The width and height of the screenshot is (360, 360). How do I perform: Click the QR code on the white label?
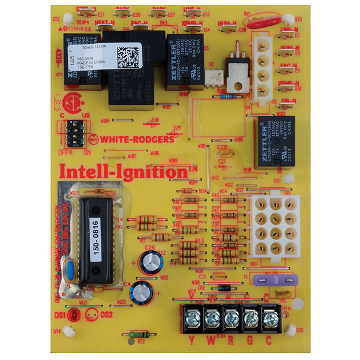(x=128, y=56)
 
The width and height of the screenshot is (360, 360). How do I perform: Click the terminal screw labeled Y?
(x=191, y=316)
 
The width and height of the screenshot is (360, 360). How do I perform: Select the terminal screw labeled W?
(x=211, y=316)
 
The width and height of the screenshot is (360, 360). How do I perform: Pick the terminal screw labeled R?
(x=230, y=316)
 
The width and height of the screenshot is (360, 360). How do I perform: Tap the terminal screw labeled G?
(x=249, y=316)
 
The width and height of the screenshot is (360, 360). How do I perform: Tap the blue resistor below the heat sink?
(x=228, y=95)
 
